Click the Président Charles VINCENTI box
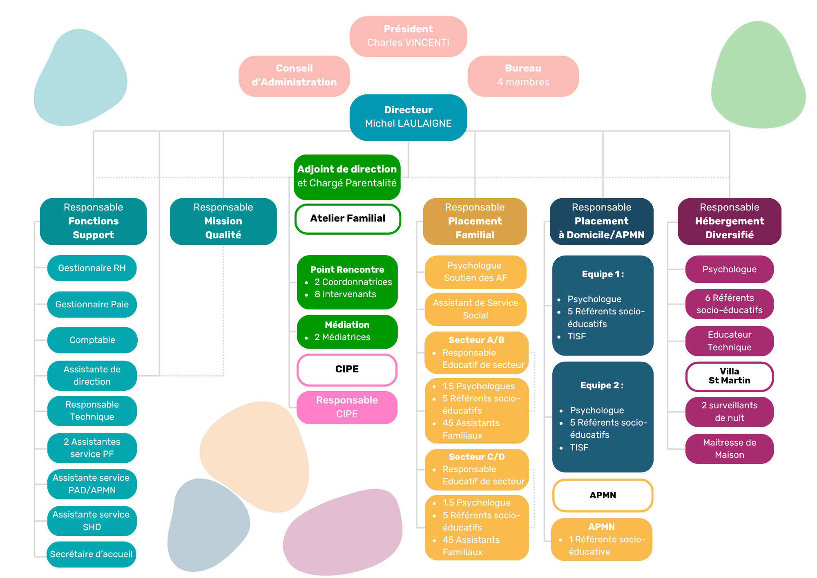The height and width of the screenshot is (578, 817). click(x=408, y=36)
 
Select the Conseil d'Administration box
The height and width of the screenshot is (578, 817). click(x=294, y=76)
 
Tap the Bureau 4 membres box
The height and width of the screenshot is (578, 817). click(x=523, y=76)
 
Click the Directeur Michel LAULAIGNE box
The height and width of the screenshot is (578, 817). click(x=408, y=117)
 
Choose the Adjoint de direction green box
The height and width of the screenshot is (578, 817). click(x=347, y=177)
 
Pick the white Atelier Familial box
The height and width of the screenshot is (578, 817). click(x=348, y=219)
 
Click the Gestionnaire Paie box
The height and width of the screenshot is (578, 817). click(x=92, y=305)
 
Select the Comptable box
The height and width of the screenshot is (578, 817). click(x=92, y=340)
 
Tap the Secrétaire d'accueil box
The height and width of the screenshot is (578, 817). click(x=91, y=554)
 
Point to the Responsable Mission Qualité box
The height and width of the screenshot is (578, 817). click(x=223, y=221)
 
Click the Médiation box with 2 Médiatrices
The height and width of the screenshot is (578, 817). click(x=347, y=331)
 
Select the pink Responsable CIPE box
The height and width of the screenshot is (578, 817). click(x=347, y=407)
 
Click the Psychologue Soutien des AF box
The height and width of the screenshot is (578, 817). click(x=475, y=272)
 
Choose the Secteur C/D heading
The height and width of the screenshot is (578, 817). click(x=476, y=457)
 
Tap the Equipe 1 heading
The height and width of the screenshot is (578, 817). click(x=603, y=274)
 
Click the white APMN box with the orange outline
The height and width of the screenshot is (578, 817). click(x=603, y=495)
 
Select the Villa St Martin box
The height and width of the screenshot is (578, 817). click(x=729, y=376)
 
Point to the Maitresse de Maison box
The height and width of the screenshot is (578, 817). click(x=729, y=449)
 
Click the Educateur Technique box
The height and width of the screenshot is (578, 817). click(x=729, y=341)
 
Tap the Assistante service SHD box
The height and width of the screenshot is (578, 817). click(x=92, y=521)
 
